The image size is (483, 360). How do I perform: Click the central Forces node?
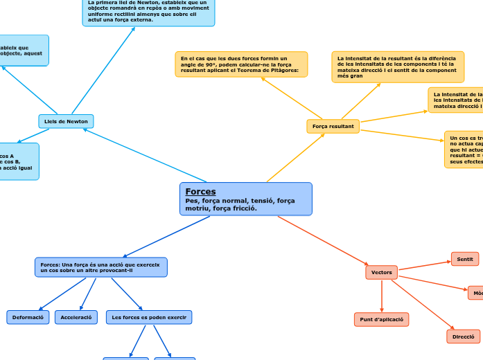point(245,199)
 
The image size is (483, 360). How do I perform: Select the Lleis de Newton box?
point(66,121)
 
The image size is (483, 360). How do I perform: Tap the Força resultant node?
point(333,126)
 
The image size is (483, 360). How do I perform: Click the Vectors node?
point(381,273)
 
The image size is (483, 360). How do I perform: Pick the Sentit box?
point(464,259)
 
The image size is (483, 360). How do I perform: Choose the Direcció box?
point(463,336)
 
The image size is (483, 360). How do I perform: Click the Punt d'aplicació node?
point(381,319)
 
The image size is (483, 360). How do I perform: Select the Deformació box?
point(28,317)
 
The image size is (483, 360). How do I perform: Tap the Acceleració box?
point(76,317)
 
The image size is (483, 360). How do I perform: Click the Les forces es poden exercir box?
point(148,317)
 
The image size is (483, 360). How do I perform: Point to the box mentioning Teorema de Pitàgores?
point(240,64)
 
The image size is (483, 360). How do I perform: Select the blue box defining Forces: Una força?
point(100,267)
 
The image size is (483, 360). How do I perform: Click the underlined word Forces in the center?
point(200,191)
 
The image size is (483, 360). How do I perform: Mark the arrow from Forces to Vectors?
point(322,241)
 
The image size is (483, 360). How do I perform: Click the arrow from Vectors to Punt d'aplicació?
point(381,296)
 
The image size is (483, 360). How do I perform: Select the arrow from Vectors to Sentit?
point(424,265)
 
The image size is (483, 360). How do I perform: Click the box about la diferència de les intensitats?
point(397,66)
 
